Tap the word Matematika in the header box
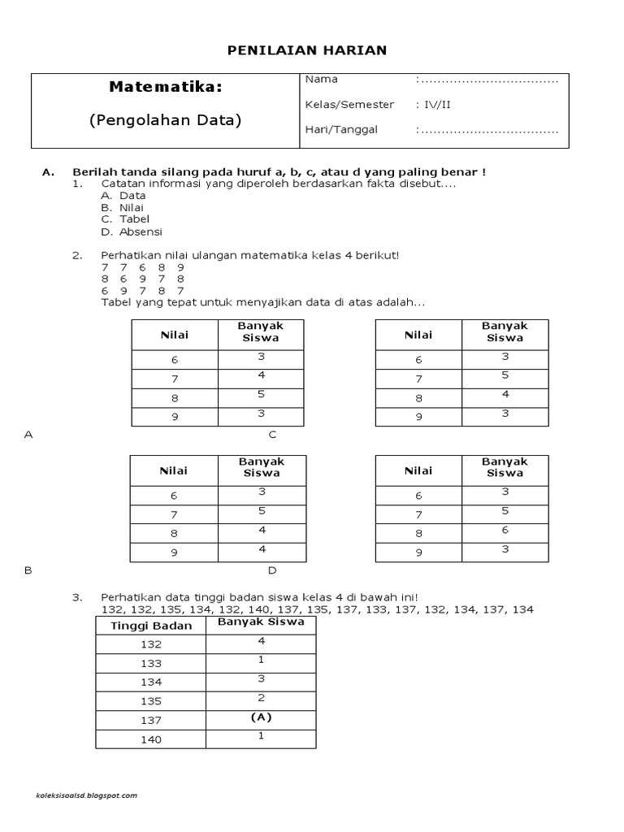(165, 87)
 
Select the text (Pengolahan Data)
(165, 120)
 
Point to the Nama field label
(321, 80)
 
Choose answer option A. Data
(123, 196)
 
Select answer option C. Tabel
(126, 219)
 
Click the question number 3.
(76, 597)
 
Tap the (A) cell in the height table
(260, 718)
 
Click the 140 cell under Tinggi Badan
(151, 739)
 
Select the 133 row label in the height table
(151, 664)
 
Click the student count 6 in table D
(505, 530)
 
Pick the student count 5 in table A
(262, 394)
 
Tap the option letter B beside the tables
(28, 570)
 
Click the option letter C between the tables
(273, 435)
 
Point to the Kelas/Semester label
(349, 105)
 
